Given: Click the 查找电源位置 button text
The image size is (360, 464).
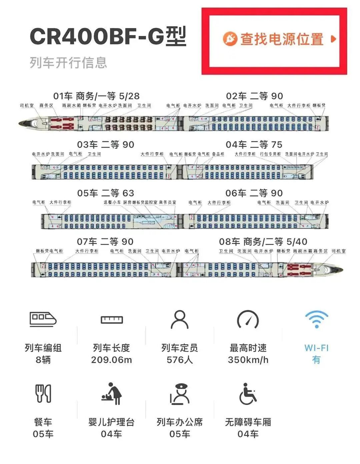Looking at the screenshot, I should click(282, 39).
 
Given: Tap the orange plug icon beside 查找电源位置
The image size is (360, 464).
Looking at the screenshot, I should click(230, 39).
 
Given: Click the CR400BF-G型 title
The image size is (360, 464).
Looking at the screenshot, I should click(108, 36).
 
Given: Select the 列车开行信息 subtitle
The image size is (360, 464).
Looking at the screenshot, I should click(68, 63).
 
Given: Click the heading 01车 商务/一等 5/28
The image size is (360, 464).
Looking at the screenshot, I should click(96, 96).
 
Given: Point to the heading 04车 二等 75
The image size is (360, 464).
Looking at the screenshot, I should click(254, 145).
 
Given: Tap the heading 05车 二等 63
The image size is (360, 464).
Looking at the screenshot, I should click(106, 193).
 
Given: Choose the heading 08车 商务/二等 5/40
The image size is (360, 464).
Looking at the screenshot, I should click(263, 242).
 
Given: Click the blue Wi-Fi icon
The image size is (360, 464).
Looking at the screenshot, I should click(316, 319).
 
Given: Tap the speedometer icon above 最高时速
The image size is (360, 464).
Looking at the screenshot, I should click(248, 319).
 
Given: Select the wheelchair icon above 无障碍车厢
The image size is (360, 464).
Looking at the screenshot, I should click(248, 394).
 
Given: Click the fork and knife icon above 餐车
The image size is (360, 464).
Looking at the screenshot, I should click(43, 393).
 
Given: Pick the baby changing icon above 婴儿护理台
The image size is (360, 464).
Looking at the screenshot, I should click(112, 394).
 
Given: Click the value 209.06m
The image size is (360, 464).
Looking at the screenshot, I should click(112, 360).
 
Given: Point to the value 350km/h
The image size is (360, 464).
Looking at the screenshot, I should click(248, 360).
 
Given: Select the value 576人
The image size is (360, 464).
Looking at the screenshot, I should click(180, 360).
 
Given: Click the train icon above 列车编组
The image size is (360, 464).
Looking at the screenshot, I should click(43, 319).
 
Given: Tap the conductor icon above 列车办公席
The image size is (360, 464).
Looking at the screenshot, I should click(180, 394).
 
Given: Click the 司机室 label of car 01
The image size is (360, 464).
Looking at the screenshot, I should click(27, 106).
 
